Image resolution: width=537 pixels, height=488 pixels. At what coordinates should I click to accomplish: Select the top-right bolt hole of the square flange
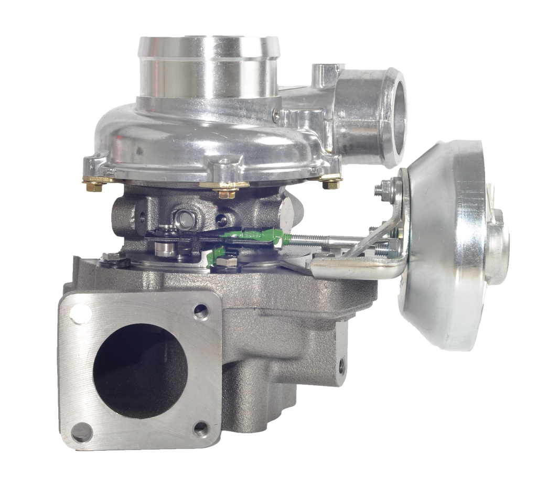[200, 312]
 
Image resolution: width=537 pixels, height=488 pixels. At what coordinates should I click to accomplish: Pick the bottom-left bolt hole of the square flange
[78, 432]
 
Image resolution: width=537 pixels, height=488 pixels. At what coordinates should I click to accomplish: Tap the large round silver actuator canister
[446, 246]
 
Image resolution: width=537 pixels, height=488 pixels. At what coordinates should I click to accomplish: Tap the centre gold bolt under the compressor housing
[227, 192]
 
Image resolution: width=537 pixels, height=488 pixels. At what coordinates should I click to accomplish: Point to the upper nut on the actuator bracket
[384, 187]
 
